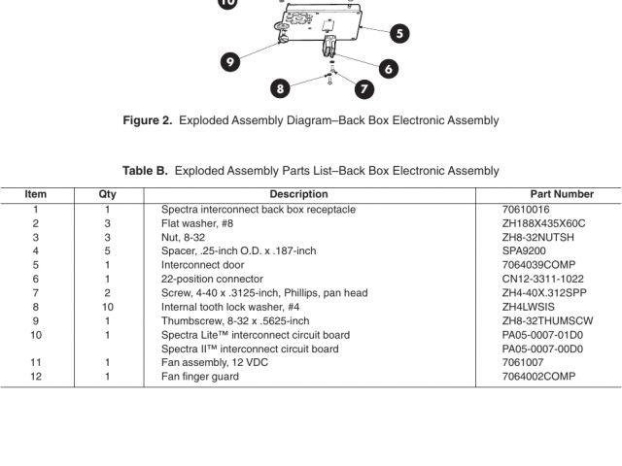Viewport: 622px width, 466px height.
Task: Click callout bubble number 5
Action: pos(399,33)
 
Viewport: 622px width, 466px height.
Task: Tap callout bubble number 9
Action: pos(230,61)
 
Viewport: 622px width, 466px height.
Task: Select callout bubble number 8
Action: pos(281,88)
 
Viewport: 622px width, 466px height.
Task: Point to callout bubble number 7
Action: pos(364,88)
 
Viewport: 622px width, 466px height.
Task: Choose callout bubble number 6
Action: pos(389,68)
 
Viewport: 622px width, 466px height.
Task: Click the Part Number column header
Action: pos(562,194)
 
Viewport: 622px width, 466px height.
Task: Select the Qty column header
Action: pos(108,194)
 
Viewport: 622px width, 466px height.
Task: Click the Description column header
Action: pos(298,194)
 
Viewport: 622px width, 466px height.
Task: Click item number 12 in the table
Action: pos(36,377)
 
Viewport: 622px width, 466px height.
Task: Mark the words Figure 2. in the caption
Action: pos(148,120)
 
